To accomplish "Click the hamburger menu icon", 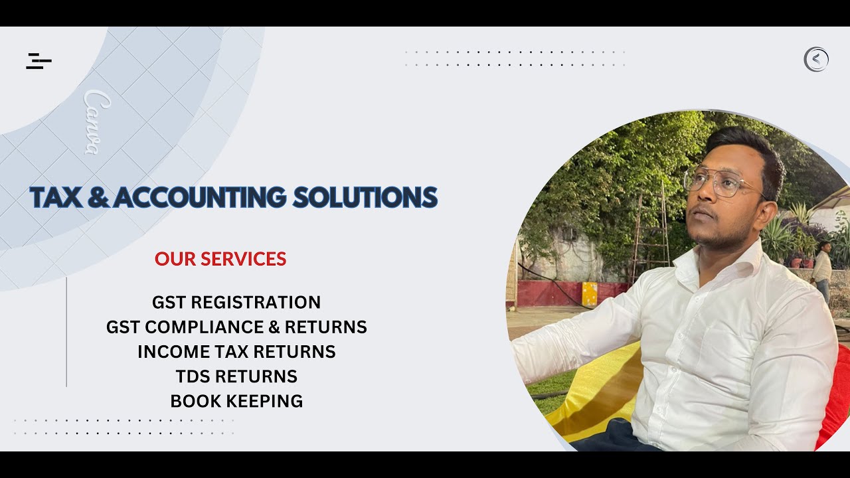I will (x=39, y=61).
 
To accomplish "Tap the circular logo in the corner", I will (x=816, y=60).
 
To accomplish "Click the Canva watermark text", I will (x=97, y=123).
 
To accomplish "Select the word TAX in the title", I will (x=55, y=198).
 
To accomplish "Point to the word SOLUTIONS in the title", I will (x=365, y=198).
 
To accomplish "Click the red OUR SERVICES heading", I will (x=220, y=259).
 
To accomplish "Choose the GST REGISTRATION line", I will (x=236, y=302).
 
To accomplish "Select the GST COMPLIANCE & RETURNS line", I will (x=236, y=327).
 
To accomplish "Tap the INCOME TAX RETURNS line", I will (x=236, y=351).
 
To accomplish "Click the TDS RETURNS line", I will (x=236, y=376).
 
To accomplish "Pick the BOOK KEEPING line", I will (x=236, y=401).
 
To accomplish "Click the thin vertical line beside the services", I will (x=66, y=332).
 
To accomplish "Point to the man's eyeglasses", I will (x=721, y=183).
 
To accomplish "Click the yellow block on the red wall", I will (x=590, y=293).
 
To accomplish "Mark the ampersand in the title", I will (x=98, y=198).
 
